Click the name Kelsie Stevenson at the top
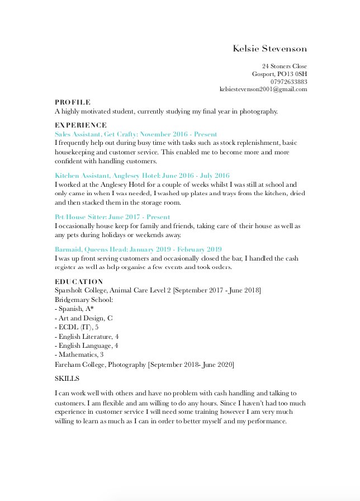(x=270, y=49)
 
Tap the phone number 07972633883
(x=288, y=82)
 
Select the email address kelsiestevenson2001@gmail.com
(x=263, y=89)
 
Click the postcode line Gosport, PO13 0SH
(x=279, y=74)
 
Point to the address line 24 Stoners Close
(x=285, y=67)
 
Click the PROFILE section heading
(x=72, y=102)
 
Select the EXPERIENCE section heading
(x=80, y=125)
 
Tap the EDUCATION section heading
(x=79, y=282)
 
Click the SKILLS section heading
(x=67, y=379)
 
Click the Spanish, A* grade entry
(x=74, y=309)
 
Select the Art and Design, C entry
(x=84, y=318)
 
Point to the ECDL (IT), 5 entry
(x=77, y=327)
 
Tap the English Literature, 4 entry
(x=87, y=337)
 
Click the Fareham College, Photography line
(x=144, y=365)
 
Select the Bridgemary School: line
(x=84, y=300)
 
